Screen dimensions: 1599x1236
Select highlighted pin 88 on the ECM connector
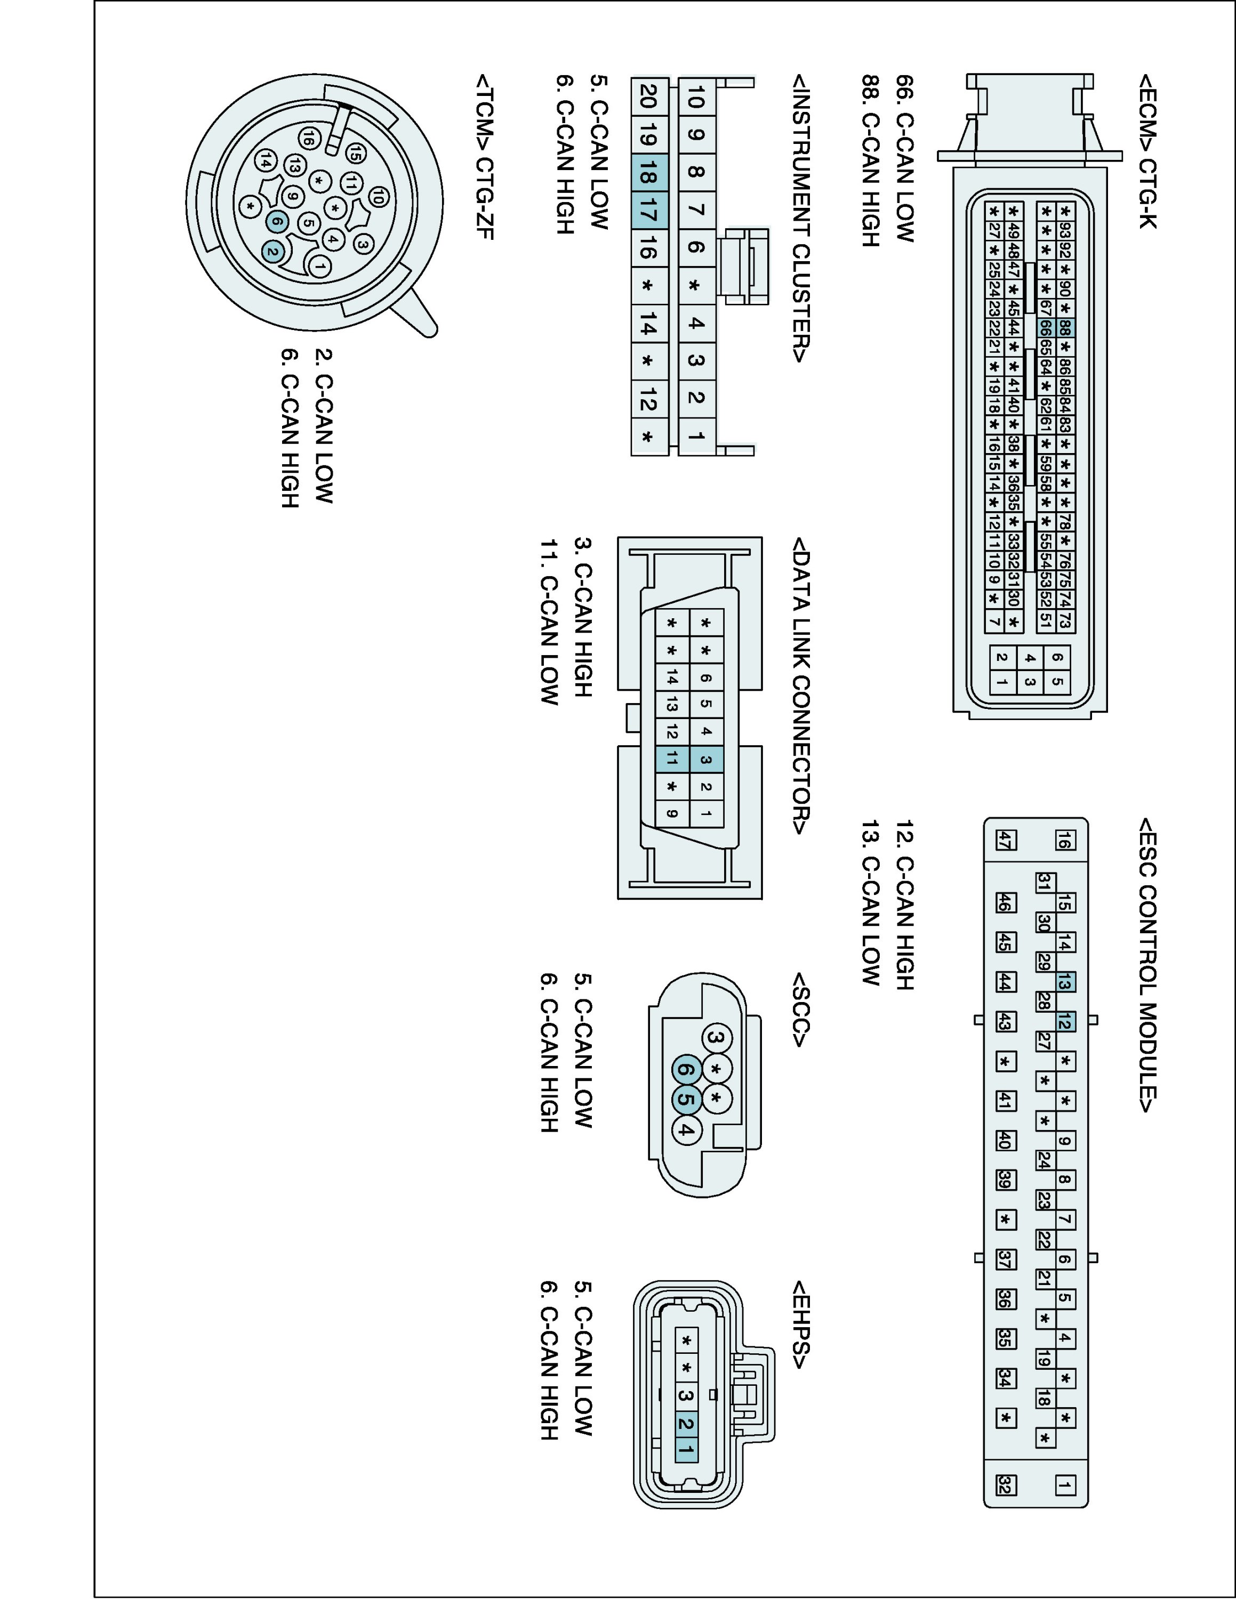(1065, 327)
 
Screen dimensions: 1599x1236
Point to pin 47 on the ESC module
(1005, 841)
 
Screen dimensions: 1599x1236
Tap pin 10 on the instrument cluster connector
(696, 96)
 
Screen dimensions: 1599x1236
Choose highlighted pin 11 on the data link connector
(672, 758)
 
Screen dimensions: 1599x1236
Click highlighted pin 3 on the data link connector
(706, 759)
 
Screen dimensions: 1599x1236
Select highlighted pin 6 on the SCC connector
(686, 1070)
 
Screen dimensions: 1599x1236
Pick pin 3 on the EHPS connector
(686, 1395)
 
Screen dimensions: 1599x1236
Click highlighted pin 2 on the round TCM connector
(272, 253)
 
